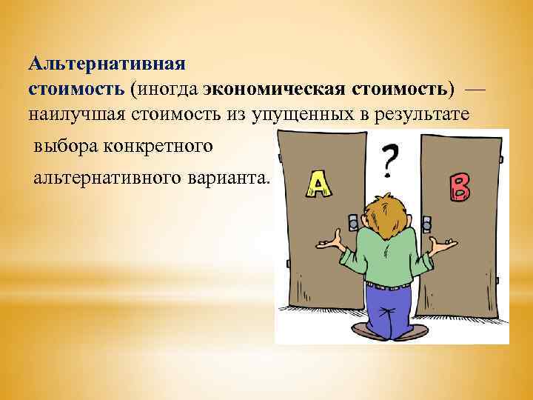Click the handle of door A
(353, 221)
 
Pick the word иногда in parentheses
(168, 89)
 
